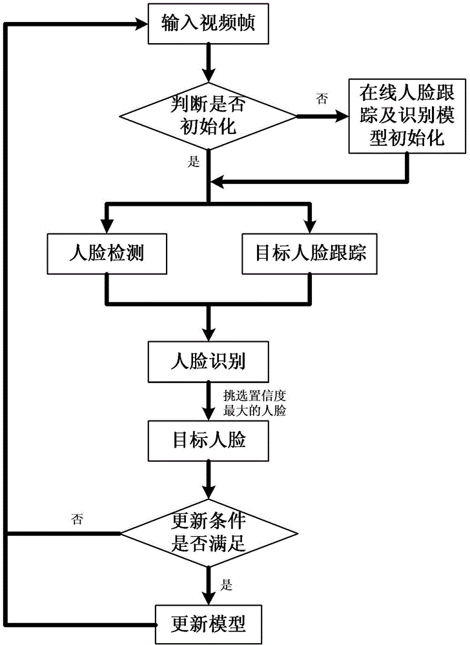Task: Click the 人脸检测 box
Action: point(107,253)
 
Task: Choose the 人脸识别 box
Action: point(208,362)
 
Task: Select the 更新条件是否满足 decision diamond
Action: point(209,533)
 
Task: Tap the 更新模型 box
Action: point(208,624)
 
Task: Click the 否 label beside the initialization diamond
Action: point(322,97)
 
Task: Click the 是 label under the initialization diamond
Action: point(193,162)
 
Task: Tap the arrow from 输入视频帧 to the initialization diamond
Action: point(208,61)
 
